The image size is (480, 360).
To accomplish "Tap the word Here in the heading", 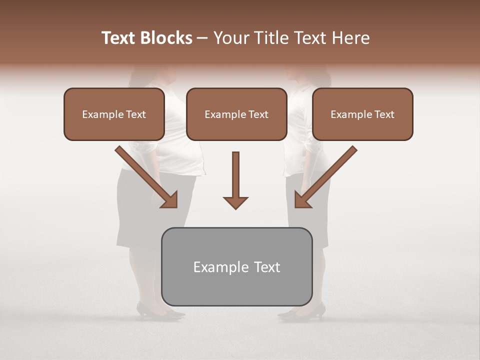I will point(350,38).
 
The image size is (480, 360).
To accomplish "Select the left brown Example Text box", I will point(114,114).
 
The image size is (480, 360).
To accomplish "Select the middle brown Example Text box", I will point(236,114).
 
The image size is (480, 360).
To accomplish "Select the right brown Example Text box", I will point(362,114).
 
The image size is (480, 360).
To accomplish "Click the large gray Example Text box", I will point(236,266).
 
